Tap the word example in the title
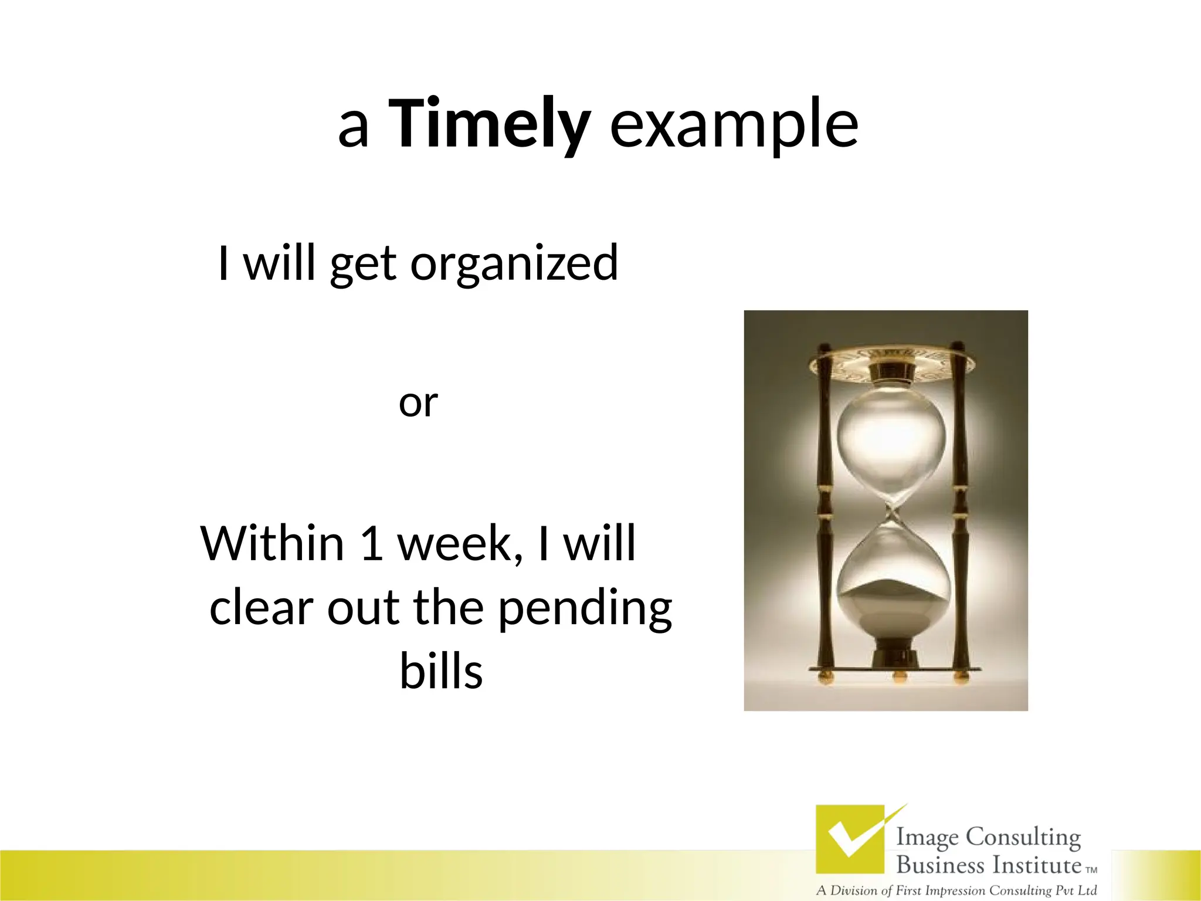click(x=734, y=124)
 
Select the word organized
click(x=514, y=263)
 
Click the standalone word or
click(x=418, y=403)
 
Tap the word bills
click(x=441, y=671)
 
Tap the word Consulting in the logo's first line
click(x=1023, y=838)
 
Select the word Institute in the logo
click(x=1037, y=865)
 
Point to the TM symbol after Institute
click(x=1091, y=870)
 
